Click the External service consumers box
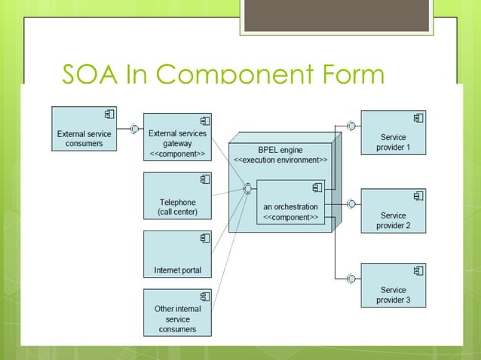[x=84, y=129]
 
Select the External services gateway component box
[x=177, y=137]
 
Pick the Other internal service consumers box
[x=177, y=313]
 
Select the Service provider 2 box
[x=393, y=211]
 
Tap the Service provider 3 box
[x=393, y=285]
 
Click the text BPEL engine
[x=280, y=150]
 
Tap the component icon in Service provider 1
[x=418, y=117]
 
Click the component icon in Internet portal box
[x=204, y=238]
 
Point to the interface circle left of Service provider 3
[x=351, y=279]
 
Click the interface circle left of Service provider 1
[x=351, y=125]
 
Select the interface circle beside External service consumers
[x=134, y=129]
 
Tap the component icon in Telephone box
[x=204, y=179]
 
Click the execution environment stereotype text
[x=280, y=160]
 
